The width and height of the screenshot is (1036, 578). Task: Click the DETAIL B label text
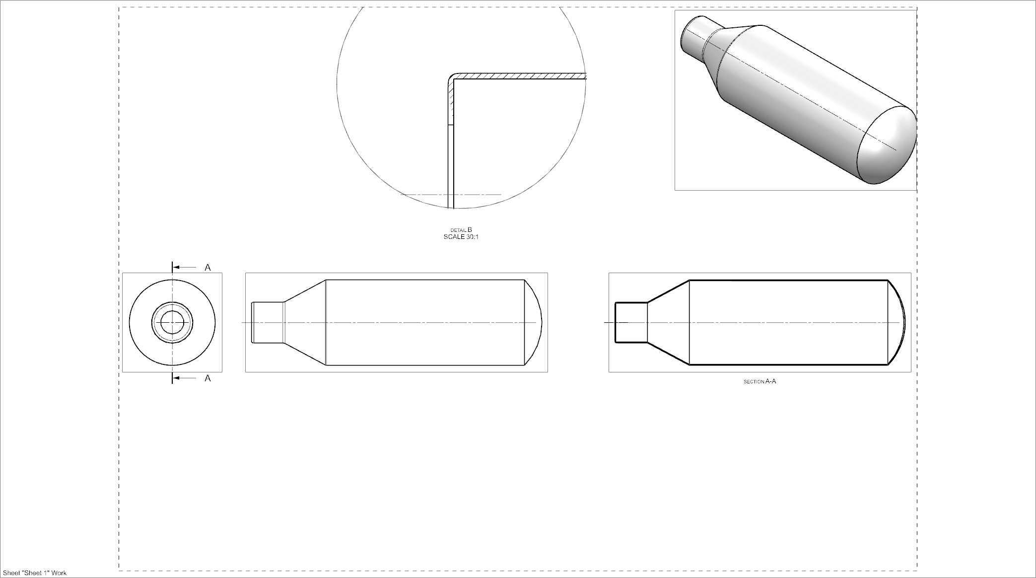461,230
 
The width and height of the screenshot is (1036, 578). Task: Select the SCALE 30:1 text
461,237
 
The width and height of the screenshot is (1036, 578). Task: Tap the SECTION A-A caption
760,381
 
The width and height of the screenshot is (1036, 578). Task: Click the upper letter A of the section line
207,268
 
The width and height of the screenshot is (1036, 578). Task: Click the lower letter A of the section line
207,378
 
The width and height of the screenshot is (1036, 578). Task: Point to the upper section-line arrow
185,268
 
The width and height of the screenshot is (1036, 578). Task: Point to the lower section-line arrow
185,378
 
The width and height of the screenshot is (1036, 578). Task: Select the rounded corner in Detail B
452,78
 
